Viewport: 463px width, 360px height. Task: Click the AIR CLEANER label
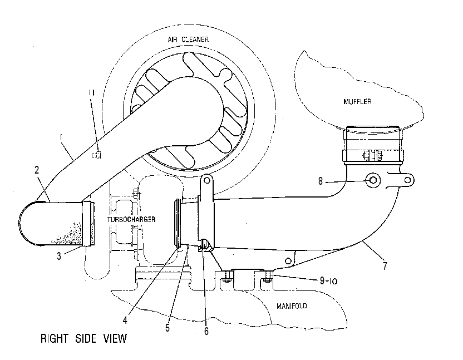pos(188,40)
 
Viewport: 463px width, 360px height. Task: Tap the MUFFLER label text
pos(357,102)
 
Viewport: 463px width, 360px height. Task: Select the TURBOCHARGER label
pos(131,219)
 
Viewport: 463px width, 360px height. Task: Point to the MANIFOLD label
pos(292,305)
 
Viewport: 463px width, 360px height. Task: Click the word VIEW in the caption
pos(115,338)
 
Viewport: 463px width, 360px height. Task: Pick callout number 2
pos(37,170)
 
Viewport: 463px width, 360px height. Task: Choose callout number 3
pos(59,256)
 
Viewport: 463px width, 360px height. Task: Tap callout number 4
pos(125,320)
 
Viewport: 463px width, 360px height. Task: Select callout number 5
pos(168,328)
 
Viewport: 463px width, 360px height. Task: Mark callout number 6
pos(206,331)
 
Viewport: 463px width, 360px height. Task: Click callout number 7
pos(385,266)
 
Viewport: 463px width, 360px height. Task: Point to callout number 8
pos(321,181)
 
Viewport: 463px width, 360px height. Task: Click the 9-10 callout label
pos(328,280)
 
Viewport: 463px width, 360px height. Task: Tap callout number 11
pos(91,93)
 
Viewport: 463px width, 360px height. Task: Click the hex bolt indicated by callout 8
pos(373,180)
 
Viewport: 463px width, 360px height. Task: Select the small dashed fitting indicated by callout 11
pos(96,155)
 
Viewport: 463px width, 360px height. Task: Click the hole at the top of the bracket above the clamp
pos(206,180)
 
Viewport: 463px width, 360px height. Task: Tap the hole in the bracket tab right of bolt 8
pos(408,180)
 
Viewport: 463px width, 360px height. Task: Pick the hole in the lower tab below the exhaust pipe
pos(288,261)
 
